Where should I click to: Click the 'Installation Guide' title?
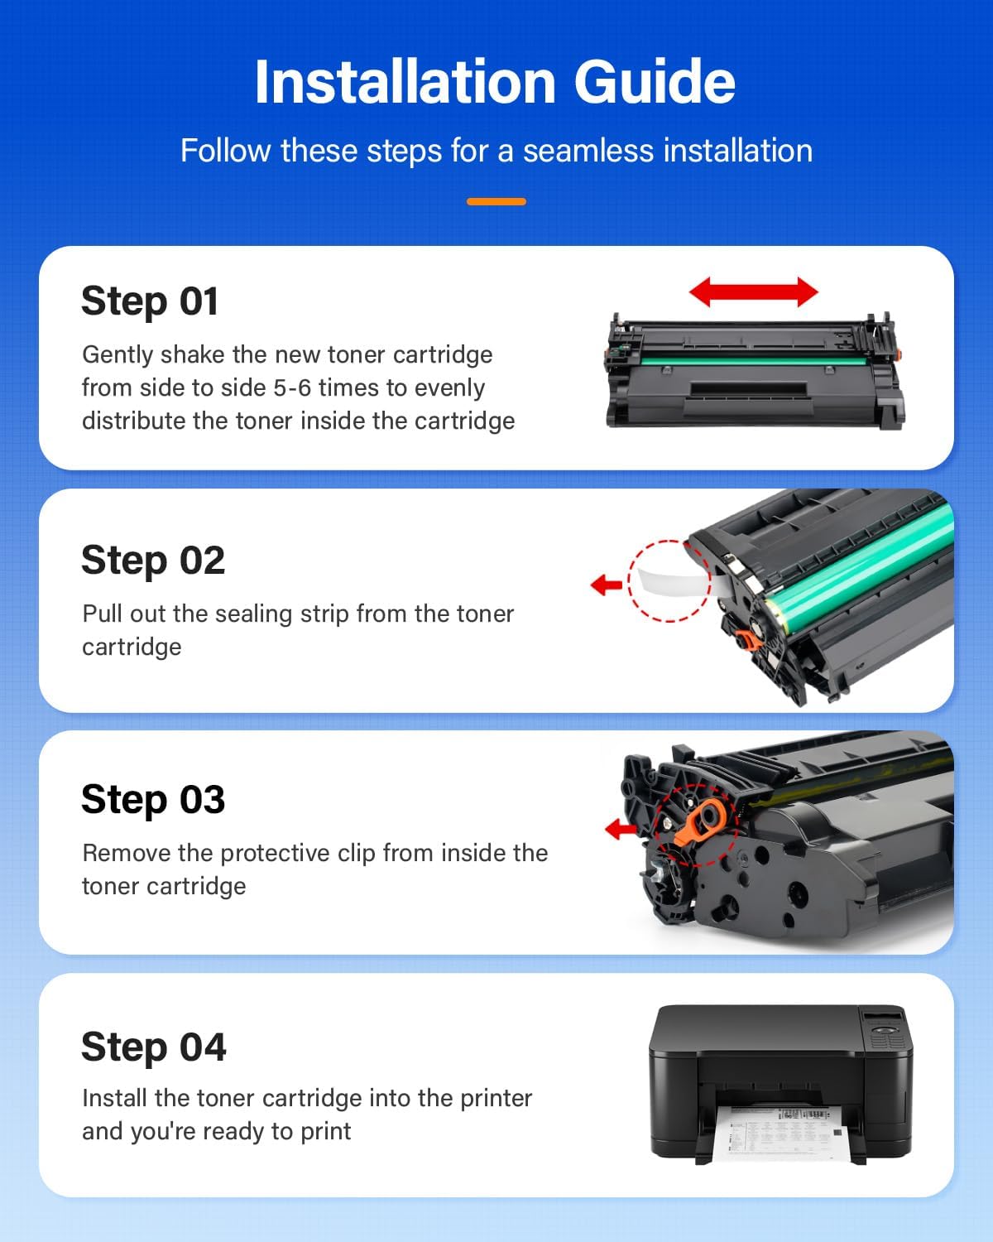pos(495,82)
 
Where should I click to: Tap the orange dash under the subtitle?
pos(496,201)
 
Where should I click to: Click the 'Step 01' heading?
pos(150,301)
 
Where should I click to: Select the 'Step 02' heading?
pos(153,561)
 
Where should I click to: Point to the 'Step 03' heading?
pos(153,800)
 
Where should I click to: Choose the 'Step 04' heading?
pos(154,1047)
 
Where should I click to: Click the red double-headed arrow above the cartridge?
pos(753,291)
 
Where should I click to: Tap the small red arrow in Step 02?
pos(607,585)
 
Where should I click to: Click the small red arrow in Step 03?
pos(621,828)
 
